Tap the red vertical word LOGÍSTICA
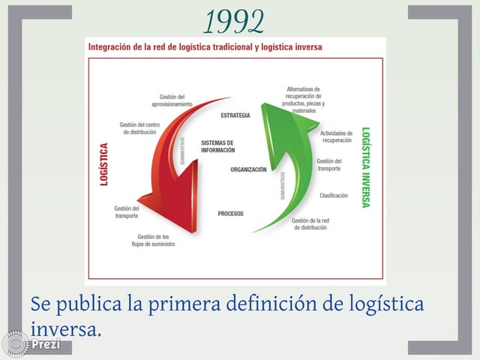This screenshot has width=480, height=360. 104,164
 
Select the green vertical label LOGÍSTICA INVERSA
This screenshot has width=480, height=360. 365,166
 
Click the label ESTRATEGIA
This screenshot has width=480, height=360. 235,115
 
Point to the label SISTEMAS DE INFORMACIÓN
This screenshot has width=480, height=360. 217,146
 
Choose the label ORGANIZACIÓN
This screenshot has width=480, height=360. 248,170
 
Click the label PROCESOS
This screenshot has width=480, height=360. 230,214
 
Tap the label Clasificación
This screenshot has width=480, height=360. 334,196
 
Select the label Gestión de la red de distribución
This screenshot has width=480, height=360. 310,223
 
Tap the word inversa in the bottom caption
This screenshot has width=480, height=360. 64,328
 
